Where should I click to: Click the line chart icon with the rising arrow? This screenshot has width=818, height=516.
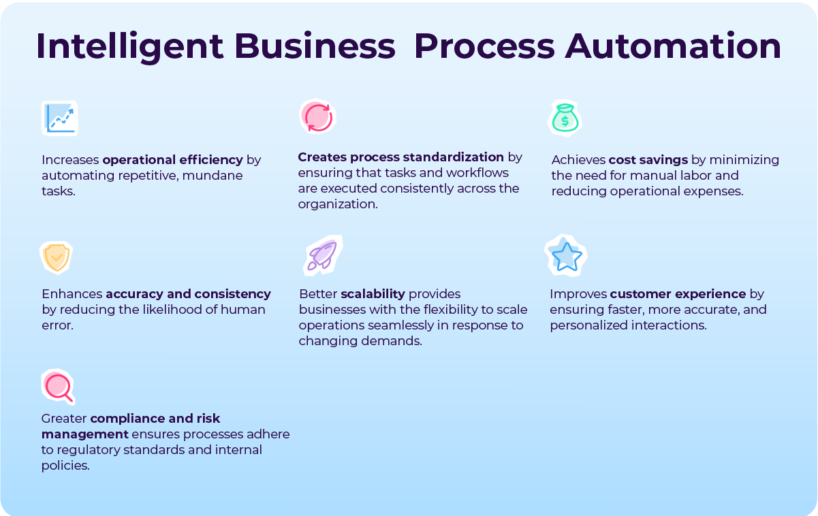click(60, 118)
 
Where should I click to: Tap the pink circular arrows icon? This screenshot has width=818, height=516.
click(317, 116)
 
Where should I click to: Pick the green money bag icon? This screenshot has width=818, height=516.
click(565, 118)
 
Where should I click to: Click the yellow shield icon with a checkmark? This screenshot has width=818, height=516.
click(56, 257)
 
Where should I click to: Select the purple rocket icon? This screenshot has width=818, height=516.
click(321, 255)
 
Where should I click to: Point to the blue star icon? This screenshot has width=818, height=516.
click(566, 256)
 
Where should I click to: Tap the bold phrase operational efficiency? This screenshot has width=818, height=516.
click(172, 160)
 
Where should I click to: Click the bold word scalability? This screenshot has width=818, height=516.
click(373, 294)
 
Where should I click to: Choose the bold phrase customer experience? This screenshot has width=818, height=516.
click(678, 294)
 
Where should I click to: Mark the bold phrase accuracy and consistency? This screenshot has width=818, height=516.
click(188, 294)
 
